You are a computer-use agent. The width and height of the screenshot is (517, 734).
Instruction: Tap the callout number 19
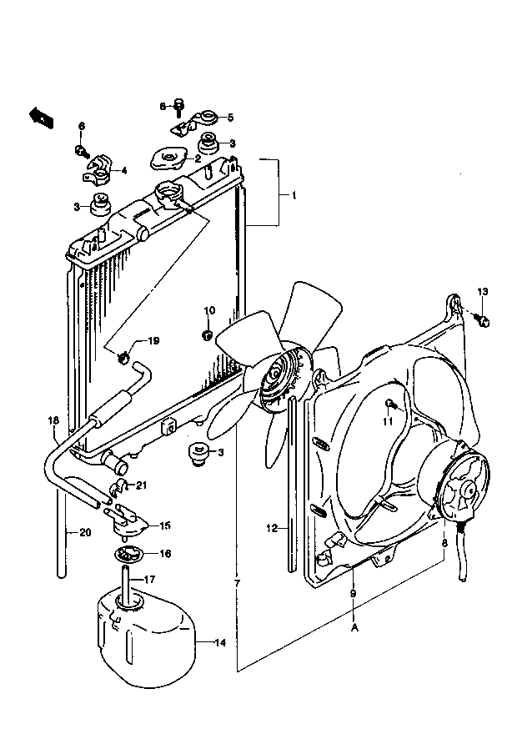[x=154, y=341]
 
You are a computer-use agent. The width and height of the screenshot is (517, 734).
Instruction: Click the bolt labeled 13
[x=484, y=320]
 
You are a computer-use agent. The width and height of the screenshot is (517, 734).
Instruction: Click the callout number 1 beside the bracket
[x=294, y=196]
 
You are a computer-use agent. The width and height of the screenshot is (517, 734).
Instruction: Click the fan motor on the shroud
[x=461, y=487]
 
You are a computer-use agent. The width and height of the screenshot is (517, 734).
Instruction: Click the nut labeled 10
[x=207, y=334]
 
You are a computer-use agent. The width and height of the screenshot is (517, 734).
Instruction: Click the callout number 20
[x=85, y=532]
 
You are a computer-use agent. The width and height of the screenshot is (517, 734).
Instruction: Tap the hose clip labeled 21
[x=117, y=487]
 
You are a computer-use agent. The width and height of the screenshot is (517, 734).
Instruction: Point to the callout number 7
[x=237, y=584]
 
